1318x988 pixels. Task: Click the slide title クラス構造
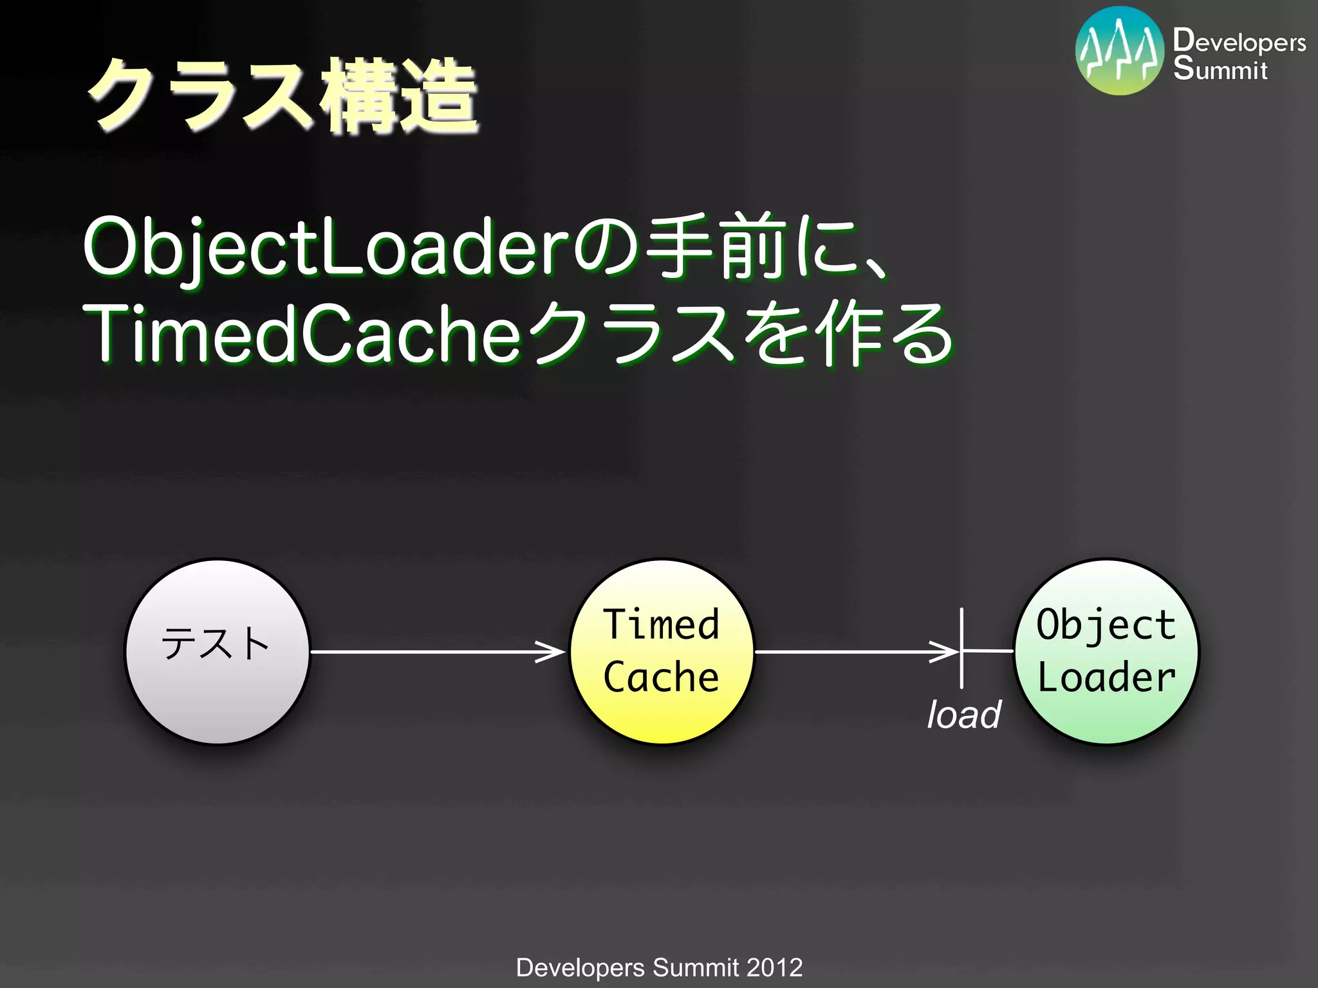[283, 96]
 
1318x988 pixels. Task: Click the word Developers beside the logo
[1239, 41]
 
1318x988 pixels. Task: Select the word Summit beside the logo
[1220, 69]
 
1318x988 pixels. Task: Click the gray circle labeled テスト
[218, 651]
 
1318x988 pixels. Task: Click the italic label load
[963, 715]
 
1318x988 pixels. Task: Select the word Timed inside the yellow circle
[662, 625]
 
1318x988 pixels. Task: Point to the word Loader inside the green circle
[1107, 678]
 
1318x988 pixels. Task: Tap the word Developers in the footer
[580, 967]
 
